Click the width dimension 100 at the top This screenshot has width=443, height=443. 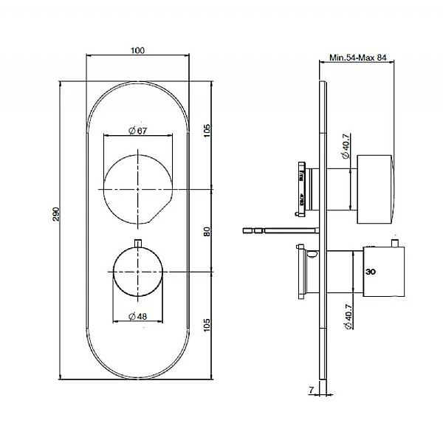click(138, 49)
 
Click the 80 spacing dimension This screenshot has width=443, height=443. click(207, 231)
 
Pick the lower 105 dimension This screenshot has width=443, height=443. click(207, 325)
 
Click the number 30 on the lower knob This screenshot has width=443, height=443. click(371, 272)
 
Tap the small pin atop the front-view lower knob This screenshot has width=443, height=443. click(138, 244)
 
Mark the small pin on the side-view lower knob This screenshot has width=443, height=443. click(396, 243)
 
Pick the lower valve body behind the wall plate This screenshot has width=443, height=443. click(305, 273)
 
